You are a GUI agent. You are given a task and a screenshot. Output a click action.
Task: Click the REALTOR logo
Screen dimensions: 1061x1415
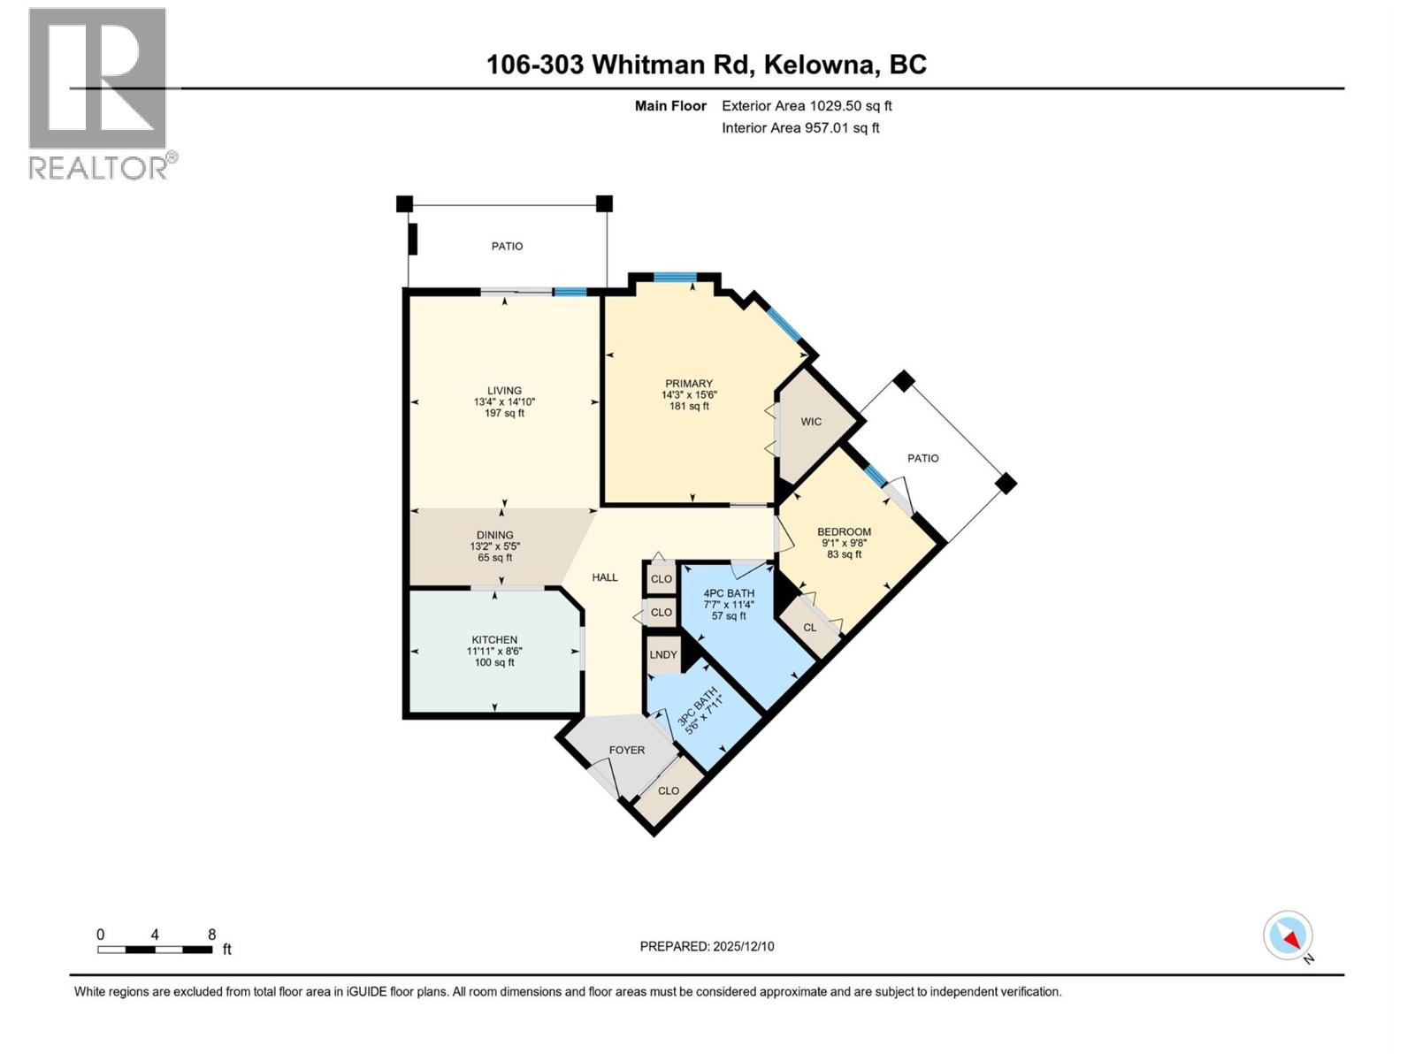[98, 93]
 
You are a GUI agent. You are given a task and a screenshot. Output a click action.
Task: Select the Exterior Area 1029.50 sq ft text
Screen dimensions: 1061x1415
[807, 106]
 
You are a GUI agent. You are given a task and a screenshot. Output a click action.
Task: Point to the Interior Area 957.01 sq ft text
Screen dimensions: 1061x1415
[800, 128]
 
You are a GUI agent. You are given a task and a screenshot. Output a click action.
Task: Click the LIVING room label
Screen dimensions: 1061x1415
[504, 391]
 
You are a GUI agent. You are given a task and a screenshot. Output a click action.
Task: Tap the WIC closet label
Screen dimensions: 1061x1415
[811, 422]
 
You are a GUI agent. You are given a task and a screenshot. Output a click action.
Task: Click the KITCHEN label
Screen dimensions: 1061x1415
[494, 640]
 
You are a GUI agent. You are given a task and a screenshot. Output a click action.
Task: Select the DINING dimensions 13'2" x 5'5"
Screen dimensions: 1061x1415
[494, 546]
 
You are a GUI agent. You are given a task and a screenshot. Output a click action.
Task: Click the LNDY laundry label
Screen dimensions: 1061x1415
[663, 655]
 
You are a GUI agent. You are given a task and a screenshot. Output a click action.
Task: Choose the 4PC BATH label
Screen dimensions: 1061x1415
[729, 593]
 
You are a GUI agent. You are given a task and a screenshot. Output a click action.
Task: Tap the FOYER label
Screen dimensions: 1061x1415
[627, 750]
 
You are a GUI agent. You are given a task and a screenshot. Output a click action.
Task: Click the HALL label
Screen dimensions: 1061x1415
[605, 577]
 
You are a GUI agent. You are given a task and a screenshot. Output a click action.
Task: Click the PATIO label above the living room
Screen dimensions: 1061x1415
[508, 247]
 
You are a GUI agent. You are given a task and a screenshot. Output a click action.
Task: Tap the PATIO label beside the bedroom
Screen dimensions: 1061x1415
[922, 458]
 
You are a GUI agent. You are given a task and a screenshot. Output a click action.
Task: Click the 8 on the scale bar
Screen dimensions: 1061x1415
[211, 935]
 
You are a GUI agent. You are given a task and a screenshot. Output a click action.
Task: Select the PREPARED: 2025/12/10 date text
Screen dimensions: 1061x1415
[707, 946]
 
